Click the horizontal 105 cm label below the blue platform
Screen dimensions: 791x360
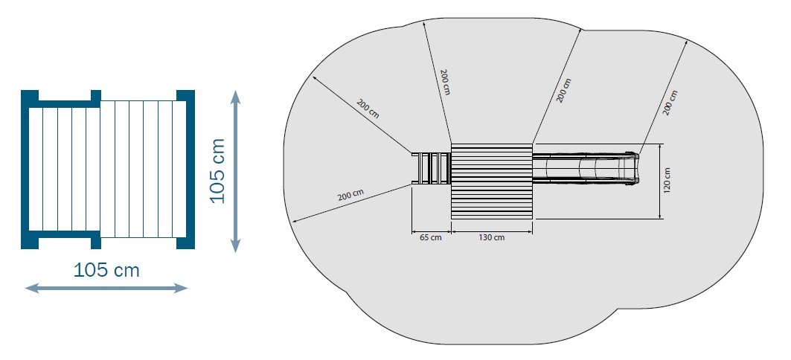click(106, 270)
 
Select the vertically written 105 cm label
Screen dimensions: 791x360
click(217, 170)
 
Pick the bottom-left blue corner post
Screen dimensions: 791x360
click(30, 241)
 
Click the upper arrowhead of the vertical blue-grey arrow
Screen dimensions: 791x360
click(235, 96)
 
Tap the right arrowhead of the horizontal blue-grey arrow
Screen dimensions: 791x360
click(181, 288)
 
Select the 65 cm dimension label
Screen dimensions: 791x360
click(430, 237)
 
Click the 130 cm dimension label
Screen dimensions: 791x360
click(491, 237)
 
